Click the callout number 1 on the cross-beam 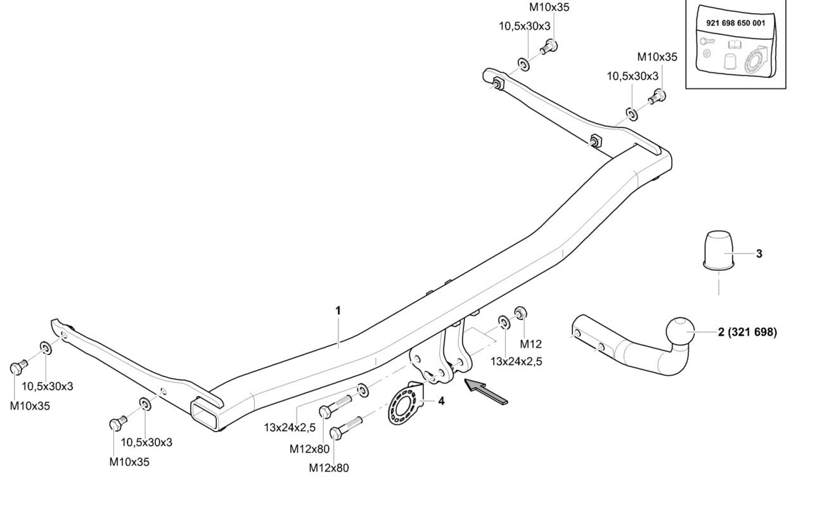pos(338,310)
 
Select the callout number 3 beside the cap pos(759,254)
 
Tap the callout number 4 pos(441,401)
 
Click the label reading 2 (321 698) pos(747,332)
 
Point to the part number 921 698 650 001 pos(735,23)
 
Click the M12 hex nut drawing pos(520,313)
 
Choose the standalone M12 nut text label pos(530,344)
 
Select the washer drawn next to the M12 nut pos(503,322)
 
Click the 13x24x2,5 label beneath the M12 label pos(517,361)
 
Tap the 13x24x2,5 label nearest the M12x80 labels pos(290,427)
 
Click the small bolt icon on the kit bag pos(705,41)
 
